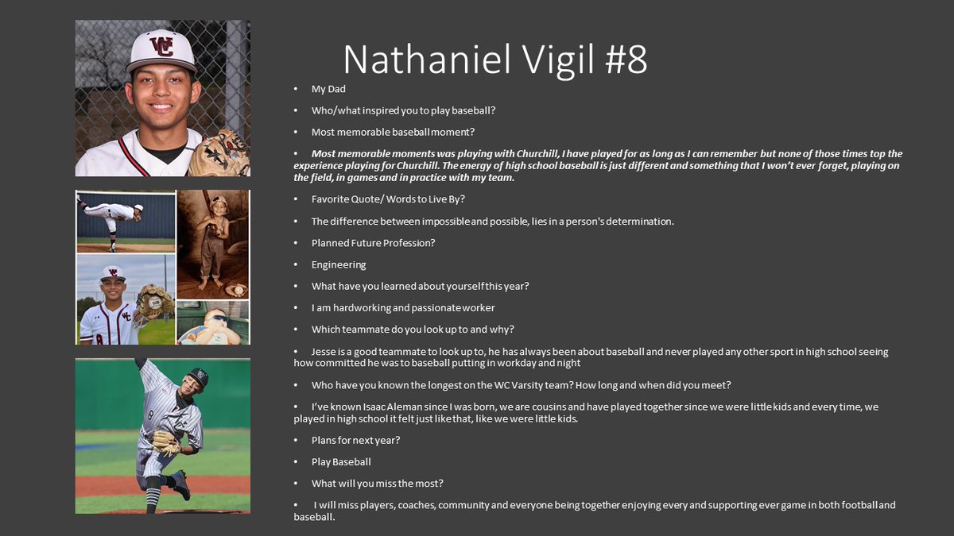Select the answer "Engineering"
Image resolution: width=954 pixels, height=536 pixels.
point(339,264)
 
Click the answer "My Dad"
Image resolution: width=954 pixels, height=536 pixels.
point(328,89)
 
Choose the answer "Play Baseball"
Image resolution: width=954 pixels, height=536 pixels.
point(341,461)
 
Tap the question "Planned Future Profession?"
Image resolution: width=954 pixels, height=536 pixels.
point(373,243)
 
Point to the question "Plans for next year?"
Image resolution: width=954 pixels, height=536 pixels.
point(355,440)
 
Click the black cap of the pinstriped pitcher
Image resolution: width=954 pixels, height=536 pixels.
point(198,378)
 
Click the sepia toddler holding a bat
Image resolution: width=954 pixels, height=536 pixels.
point(213,238)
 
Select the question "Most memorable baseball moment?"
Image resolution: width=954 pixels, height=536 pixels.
point(393,132)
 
